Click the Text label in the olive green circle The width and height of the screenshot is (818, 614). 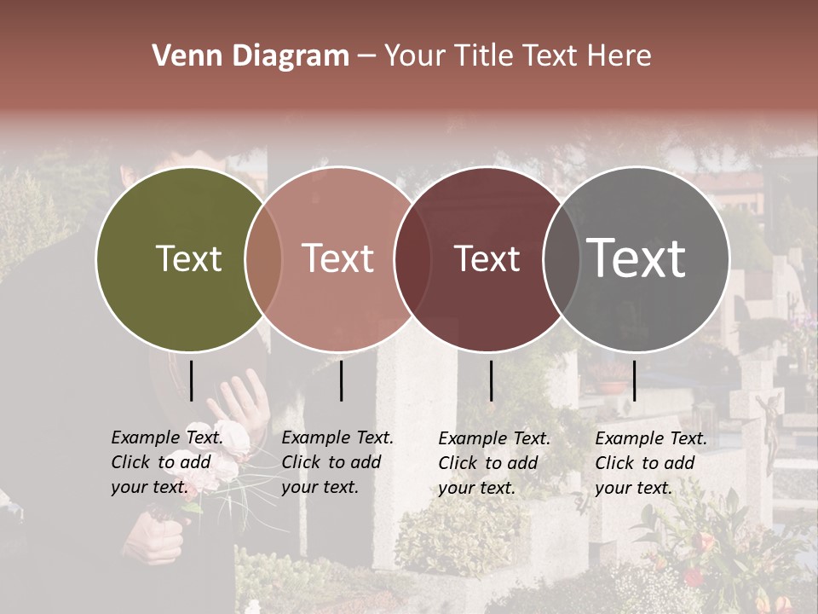point(188,258)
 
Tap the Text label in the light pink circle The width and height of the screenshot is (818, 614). point(338,258)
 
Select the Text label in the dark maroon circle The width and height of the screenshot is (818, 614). point(487,258)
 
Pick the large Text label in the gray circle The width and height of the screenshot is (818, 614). point(637,258)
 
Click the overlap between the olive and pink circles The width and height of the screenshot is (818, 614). point(263,258)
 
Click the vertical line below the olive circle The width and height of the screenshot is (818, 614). point(192,380)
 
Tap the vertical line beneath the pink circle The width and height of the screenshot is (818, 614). point(341,380)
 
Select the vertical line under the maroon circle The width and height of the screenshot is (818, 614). point(491,380)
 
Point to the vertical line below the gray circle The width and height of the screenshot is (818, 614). point(634,380)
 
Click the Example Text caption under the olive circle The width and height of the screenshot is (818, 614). point(167,462)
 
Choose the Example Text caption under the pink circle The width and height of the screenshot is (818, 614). point(337,462)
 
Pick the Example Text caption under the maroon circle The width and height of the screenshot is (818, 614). point(494,463)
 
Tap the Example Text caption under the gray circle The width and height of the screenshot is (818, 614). point(651,463)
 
